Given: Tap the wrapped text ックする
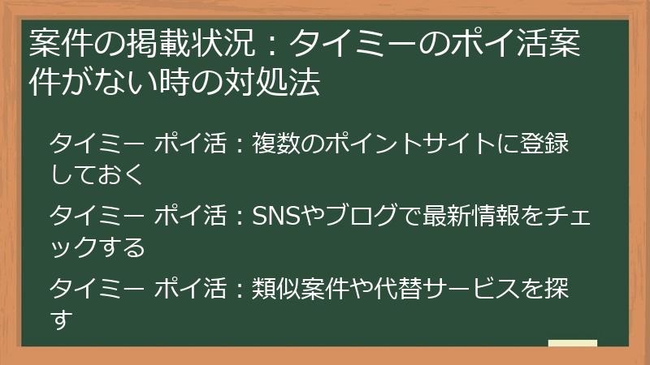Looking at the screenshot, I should (x=97, y=245).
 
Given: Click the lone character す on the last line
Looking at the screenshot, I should (x=58, y=318).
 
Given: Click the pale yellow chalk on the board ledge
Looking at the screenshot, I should (x=572, y=342).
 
